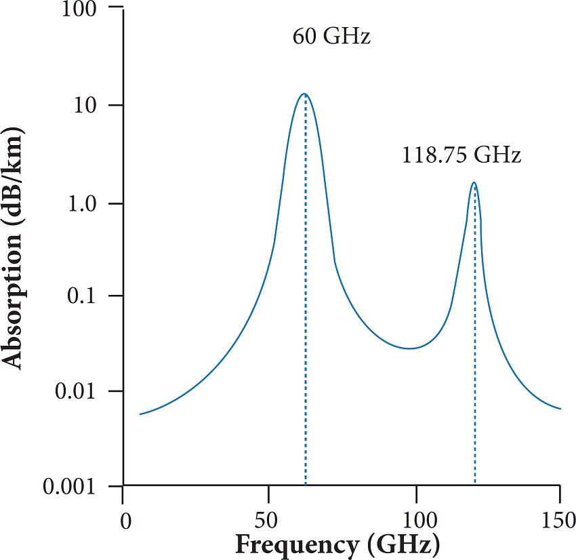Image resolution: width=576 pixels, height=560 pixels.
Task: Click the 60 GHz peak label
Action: (331, 36)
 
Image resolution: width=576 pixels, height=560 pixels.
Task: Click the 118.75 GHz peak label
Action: (461, 155)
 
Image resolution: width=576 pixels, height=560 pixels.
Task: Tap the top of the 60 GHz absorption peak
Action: (304, 94)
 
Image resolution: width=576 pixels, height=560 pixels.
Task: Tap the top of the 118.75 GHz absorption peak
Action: (474, 182)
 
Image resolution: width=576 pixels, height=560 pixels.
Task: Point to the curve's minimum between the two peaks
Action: (409, 348)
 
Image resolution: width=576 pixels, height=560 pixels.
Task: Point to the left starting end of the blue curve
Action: (140, 414)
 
